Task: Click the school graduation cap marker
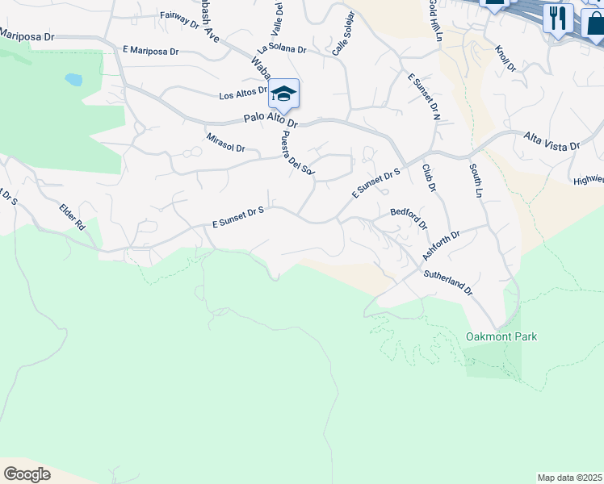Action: click(x=283, y=94)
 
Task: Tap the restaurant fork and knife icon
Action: click(x=557, y=17)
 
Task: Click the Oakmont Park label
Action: click(x=501, y=336)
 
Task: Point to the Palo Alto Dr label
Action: click(x=271, y=121)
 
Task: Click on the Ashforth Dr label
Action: click(x=441, y=245)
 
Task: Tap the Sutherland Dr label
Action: click(x=449, y=282)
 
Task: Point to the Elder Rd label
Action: click(x=72, y=217)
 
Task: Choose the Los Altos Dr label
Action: click(x=242, y=94)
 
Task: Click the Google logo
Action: click(x=27, y=474)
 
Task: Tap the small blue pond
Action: click(x=73, y=80)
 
